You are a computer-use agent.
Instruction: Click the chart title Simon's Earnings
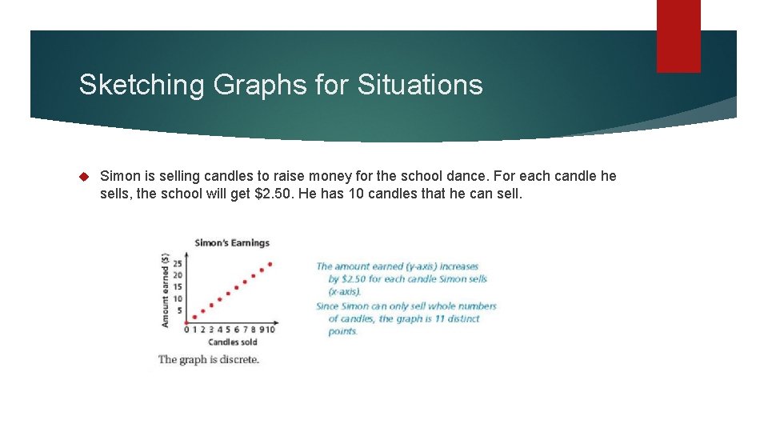(x=232, y=242)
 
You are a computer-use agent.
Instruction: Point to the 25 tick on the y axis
(x=178, y=263)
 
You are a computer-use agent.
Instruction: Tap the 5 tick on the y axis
(x=179, y=311)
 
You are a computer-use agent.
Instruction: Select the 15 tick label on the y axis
(x=178, y=287)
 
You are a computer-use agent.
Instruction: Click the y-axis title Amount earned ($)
(x=165, y=290)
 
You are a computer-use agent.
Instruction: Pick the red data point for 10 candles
(x=270, y=264)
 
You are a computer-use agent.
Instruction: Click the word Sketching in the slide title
(x=142, y=84)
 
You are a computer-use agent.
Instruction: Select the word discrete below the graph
(x=238, y=359)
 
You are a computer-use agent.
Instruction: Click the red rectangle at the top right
(x=678, y=36)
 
